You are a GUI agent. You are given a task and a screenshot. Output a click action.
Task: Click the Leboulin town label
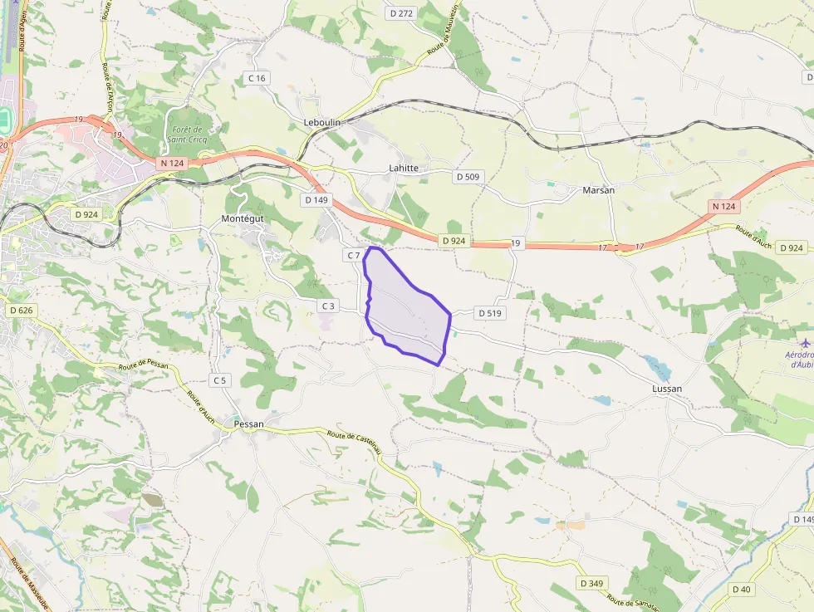click(x=323, y=122)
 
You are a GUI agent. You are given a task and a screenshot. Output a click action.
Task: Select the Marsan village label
click(x=599, y=190)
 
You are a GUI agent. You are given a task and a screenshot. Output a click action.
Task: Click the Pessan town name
click(x=249, y=424)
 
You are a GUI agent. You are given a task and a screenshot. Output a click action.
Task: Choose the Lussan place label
click(x=668, y=389)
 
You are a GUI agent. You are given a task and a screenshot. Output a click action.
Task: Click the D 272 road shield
click(x=401, y=13)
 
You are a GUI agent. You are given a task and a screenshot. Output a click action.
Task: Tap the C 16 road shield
click(x=257, y=78)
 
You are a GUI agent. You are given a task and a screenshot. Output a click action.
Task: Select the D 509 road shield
click(x=468, y=177)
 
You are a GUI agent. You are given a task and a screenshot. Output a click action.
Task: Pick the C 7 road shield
click(x=353, y=255)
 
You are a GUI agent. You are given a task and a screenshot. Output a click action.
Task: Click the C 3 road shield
click(x=328, y=306)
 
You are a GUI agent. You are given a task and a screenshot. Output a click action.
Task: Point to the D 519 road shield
click(x=490, y=313)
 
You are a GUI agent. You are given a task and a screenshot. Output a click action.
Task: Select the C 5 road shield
click(x=219, y=380)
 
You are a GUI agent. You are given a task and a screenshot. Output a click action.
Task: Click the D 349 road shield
click(x=591, y=583)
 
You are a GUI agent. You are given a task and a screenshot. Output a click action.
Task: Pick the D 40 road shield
click(x=741, y=589)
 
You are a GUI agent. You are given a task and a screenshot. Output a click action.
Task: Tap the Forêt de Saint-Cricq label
click(x=188, y=134)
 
